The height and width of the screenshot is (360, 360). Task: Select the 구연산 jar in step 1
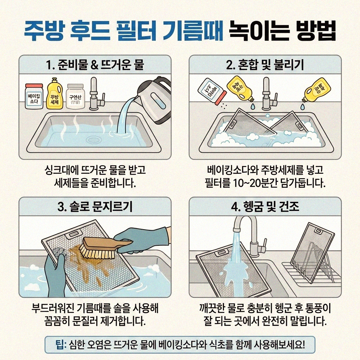(x=75, y=96)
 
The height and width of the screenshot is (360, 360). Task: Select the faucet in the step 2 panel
(x=266, y=93)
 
